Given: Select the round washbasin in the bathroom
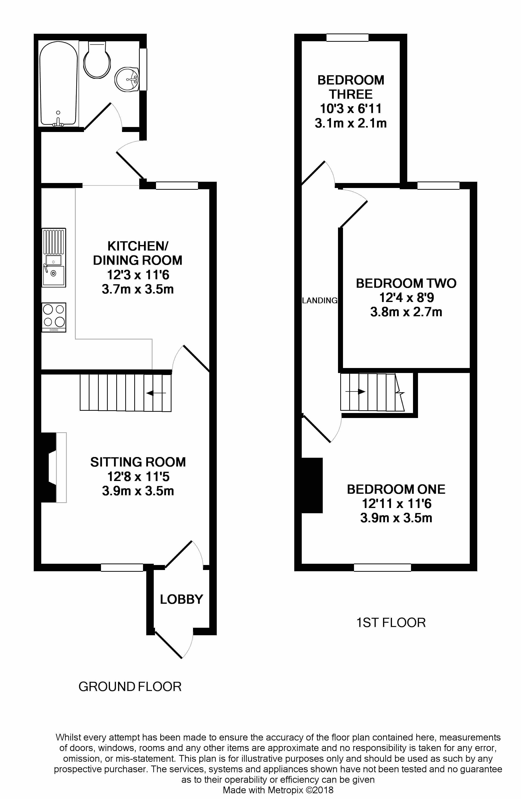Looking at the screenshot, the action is [x=127, y=79].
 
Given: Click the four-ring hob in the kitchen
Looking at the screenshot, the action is [x=54, y=317].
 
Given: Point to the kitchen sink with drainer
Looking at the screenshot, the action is [x=54, y=257].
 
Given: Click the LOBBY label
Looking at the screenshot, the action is [x=181, y=599].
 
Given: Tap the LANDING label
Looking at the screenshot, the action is [x=319, y=300].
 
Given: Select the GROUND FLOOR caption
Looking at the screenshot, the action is [x=130, y=686].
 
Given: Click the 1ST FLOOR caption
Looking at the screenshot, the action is [x=391, y=623].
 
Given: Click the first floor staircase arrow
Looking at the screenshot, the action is [x=355, y=391].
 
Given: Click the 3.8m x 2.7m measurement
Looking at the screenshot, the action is [x=406, y=312].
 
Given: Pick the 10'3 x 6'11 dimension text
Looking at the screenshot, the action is [x=351, y=109].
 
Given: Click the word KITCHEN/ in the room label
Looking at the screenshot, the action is [x=138, y=246].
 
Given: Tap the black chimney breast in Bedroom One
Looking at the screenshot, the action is [x=312, y=485].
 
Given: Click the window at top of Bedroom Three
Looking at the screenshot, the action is [x=347, y=37].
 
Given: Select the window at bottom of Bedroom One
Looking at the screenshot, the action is [x=382, y=567].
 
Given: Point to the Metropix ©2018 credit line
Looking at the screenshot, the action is [x=278, y=790].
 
